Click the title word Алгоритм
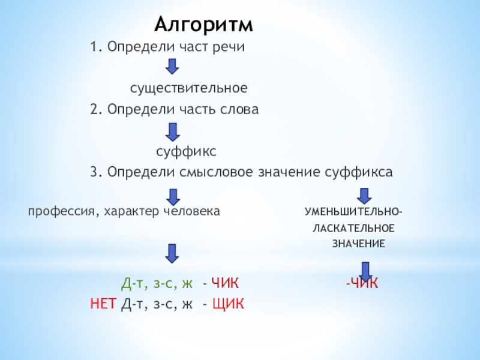click(204, 25)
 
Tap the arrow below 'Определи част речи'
click(172, 67)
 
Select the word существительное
click(189, 88)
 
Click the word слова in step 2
click(240, 110)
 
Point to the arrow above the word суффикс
click(172, 131)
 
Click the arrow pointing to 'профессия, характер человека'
click(173, 196)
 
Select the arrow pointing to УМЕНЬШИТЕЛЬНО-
click(363, 196)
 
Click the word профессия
click(55, 211)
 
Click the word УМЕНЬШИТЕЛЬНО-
click(353, 212)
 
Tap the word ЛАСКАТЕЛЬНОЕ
click(353, 229)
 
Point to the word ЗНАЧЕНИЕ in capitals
click(359, 244)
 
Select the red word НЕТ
click(103, 304)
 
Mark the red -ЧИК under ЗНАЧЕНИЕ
click(362, 283)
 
